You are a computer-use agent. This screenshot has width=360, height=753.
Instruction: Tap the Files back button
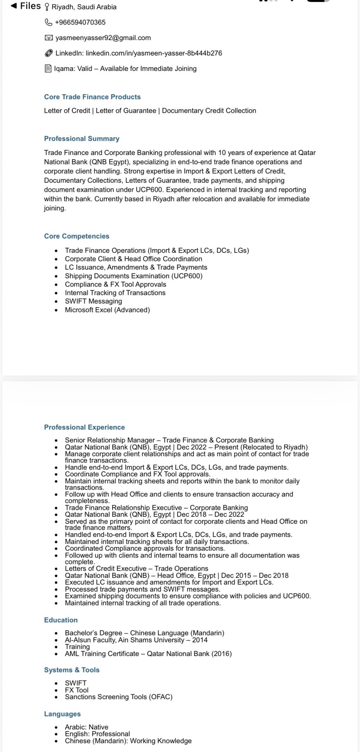tap(26, 6)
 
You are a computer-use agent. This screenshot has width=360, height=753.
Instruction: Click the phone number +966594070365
tap(80, 22)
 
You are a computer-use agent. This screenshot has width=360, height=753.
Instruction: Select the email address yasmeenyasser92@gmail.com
tap(103, 38)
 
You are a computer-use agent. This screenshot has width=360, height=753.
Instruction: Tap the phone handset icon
tap(49, 22)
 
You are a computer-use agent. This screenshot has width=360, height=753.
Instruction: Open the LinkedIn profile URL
tap(154, 53)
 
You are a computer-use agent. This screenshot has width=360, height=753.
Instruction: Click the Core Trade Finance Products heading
tap(92, 97)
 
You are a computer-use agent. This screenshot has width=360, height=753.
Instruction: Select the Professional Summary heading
tap(82, 138)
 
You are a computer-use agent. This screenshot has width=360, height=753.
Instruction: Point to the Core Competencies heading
tap(77, 236)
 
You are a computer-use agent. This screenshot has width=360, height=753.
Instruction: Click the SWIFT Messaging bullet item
tap(93, 301)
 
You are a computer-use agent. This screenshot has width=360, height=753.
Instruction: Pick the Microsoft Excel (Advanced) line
tap(107, 310)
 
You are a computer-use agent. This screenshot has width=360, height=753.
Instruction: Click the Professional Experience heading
tap(84, 427)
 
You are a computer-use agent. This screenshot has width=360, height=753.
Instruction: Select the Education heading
tap(61, 620)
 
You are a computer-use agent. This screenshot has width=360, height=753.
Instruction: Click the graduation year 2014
tap(200, 640)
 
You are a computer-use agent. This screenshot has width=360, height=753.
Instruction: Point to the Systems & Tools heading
tap(72, 670)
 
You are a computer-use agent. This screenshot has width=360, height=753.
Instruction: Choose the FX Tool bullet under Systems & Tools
tap(77, 690)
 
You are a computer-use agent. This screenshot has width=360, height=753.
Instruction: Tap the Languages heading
tap(62, 714)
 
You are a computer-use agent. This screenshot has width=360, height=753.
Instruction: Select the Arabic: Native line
tap(86, 727)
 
